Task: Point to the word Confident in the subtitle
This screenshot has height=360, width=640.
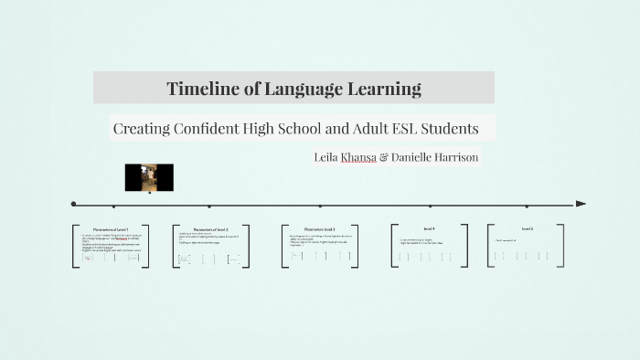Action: point(208,128)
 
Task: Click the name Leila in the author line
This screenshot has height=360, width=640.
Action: point(325,157)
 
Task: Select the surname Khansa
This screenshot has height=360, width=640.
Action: point(357,157)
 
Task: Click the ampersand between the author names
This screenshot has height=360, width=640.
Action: point(383,157)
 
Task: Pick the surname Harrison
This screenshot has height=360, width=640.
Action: point(453,157)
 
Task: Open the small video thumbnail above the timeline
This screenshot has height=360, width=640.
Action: point(149,177)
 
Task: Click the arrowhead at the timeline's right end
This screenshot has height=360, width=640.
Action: point(581,204)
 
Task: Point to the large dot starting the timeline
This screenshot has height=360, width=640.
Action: point(73,204)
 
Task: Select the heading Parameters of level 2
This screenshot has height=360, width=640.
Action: point(211,229)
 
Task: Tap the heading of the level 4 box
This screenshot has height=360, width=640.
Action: point(430,228)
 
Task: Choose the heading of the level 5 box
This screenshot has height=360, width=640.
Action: point(528,228)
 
